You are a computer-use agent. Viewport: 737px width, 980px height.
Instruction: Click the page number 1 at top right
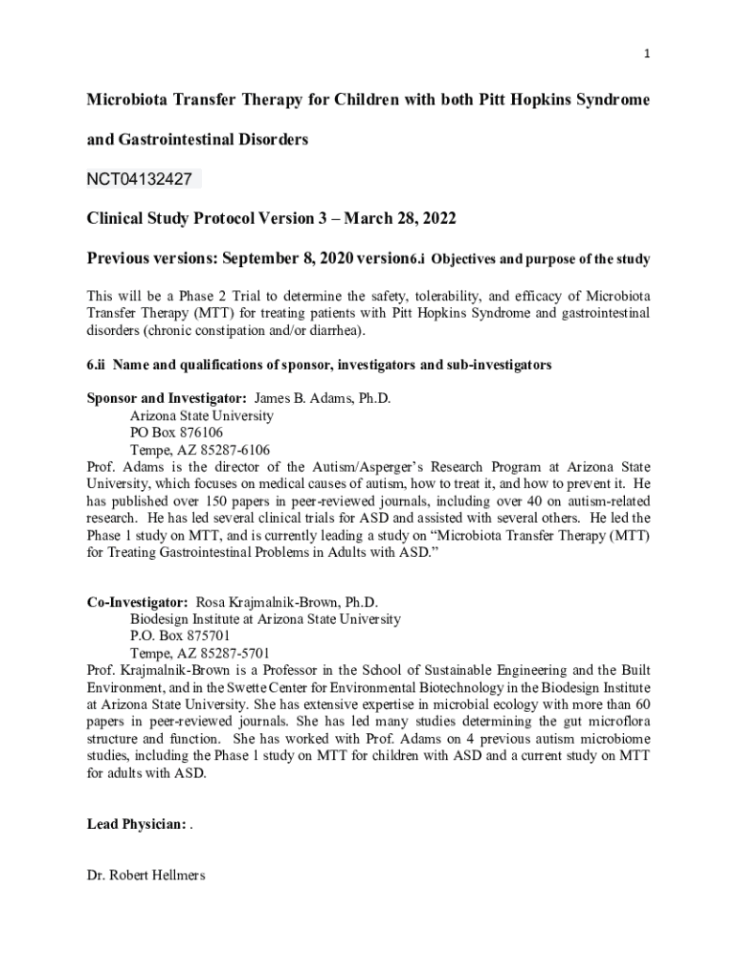coord(647,54)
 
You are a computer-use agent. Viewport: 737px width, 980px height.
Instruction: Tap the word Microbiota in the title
coord(130,100)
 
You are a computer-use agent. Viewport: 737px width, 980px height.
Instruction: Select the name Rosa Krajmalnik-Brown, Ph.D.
coord(287,602)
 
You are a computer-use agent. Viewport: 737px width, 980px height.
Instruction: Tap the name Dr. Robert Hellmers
coord(145,875)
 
